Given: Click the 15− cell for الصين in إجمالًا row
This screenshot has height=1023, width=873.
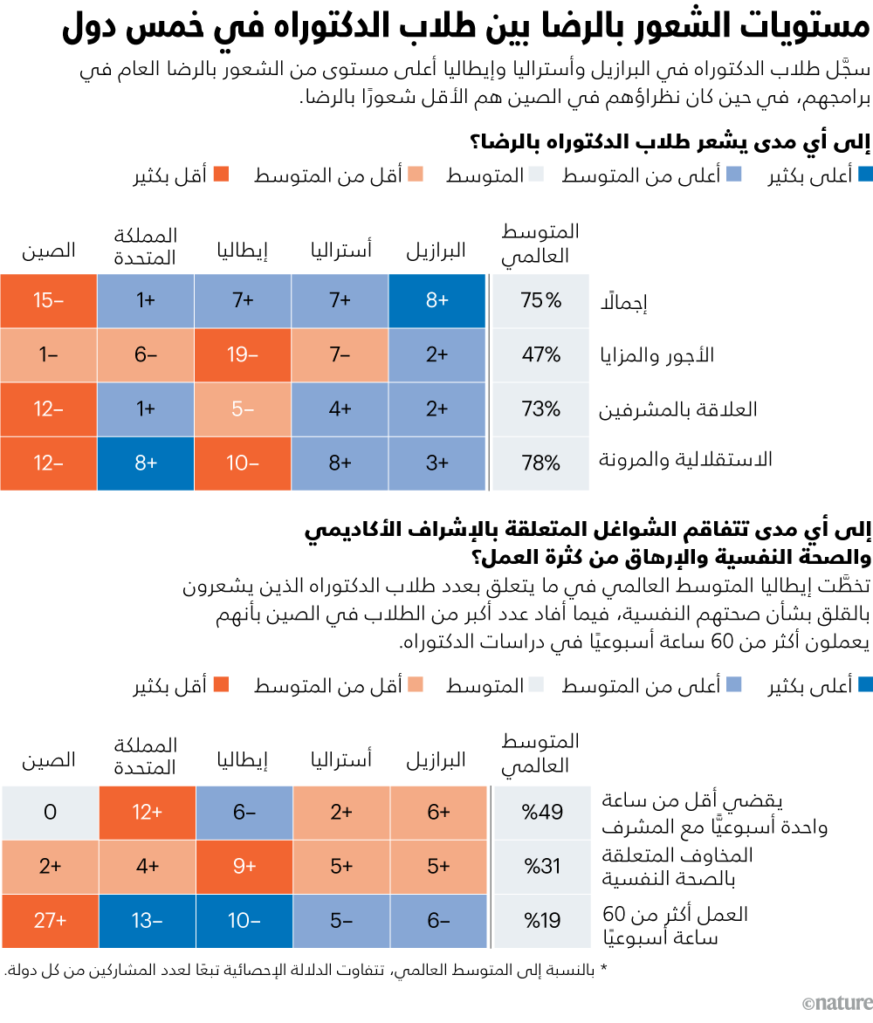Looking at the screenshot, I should coord(49,301).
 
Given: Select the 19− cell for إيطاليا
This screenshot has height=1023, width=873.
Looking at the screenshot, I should coord(243,355).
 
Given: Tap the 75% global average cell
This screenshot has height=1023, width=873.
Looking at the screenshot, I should coord(541,301).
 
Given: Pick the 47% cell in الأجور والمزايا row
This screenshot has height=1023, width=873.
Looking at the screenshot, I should coord(541,355).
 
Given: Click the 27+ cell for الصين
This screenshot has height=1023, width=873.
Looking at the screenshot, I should coord(49,921).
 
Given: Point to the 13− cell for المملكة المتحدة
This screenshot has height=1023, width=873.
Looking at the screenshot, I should coord(146,921).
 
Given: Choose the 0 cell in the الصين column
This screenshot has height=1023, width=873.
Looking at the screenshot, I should coord(49,813).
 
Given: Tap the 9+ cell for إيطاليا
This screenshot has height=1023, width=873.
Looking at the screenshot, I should coord(243,867).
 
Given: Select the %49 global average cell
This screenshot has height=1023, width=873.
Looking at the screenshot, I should coord(541,813).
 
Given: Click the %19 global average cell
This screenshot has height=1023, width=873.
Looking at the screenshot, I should coord(541,921).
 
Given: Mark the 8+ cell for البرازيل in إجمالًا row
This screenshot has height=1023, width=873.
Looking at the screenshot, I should coord(437,301).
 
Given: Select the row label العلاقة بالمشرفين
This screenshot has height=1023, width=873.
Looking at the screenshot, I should coord(677,409).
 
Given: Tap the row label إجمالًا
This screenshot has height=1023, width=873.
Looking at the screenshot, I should coord(621,303).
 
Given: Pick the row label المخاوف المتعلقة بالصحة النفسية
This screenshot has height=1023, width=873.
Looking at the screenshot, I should coord(677,866).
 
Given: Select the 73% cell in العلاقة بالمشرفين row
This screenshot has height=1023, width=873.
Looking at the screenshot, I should coord(541,409).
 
